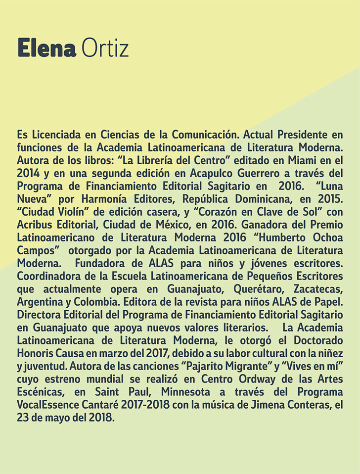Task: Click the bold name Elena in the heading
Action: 46,49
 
